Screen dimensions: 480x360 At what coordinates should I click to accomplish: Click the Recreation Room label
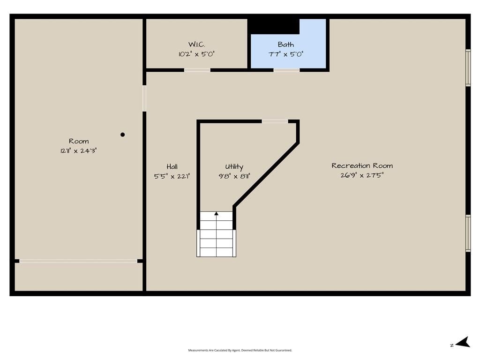(x=362, y=165)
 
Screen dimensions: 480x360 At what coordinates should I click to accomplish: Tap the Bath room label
(x=285, y=45)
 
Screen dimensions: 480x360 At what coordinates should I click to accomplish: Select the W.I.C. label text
(x=196, y=45)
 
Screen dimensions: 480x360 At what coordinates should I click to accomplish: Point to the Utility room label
(x=234, y=166)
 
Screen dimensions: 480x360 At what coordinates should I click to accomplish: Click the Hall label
(x=172, y=166)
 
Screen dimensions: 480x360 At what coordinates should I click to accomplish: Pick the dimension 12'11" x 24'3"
(x=79, y=150)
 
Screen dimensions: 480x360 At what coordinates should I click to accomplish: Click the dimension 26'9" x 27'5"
(x=362, y=175)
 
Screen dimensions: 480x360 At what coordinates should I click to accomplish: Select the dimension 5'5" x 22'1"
(x=172, y=176)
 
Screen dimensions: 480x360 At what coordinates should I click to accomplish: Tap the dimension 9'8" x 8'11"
(x=234, y=176)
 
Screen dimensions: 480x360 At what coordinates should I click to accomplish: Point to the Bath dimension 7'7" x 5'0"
(x=285, y=54)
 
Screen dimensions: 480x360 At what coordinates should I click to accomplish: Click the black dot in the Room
(x=122, y=135)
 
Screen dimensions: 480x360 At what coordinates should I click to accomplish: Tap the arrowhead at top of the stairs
(x=217, y=213)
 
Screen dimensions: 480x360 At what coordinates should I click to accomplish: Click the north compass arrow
(x=463, y=342)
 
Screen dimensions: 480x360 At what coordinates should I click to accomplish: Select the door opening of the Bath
(x=286, y=70)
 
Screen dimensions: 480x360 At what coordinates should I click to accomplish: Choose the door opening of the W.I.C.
(x=197, y=70)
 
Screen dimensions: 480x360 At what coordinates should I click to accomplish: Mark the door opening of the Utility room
(x=275, y=121)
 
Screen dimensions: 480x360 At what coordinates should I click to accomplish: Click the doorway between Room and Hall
(x=144, y=98)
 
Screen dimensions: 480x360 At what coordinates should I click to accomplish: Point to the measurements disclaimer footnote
(x=240, y=350)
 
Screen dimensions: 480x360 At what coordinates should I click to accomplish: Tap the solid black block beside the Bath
(x=273, y=26)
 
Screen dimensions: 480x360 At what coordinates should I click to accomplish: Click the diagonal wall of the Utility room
(x=266, y=174)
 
